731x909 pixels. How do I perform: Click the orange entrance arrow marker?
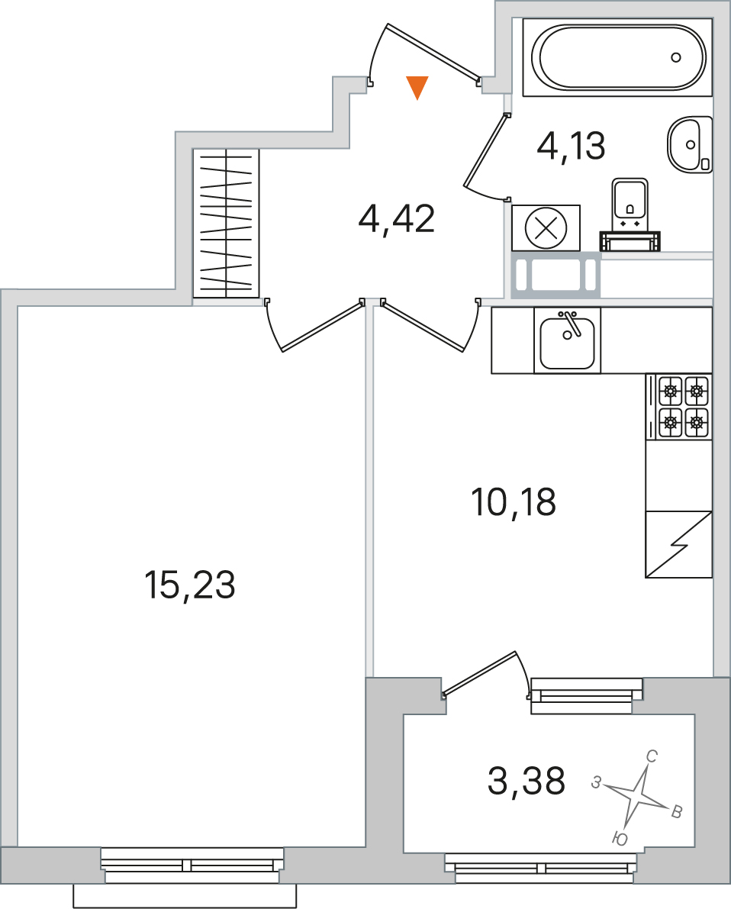click(x=417, y=87)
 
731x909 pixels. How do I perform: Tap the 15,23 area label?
click(x=189, y=585)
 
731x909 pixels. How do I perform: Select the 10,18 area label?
click(x=514, y=502)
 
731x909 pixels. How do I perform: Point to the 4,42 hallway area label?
click(x=397, y=219)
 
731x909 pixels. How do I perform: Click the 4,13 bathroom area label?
click(x=571, y=146)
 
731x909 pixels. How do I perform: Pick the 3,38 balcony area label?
click(x=527, y=780)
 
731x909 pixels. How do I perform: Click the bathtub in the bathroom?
click(x=617, y=57)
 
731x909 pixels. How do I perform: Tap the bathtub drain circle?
click(x=676, y=56)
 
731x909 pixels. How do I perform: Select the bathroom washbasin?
click(x=691, y=143)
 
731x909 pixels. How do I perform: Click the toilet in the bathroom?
click(x=630, y=214)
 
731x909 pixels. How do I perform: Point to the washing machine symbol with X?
click(x=546, y=228)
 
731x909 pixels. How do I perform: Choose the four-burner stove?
click(x=679, y=406)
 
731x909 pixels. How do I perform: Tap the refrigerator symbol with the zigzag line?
click(x=679, y=544)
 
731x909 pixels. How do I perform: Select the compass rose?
click(x=637, y=795)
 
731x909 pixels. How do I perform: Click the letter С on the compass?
click(x=651, y=756)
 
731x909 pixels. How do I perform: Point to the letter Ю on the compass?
click(x=620, y=838)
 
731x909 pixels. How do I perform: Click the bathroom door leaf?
click(x=485, y=150)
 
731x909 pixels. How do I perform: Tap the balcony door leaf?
click(x=479, y=672)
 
